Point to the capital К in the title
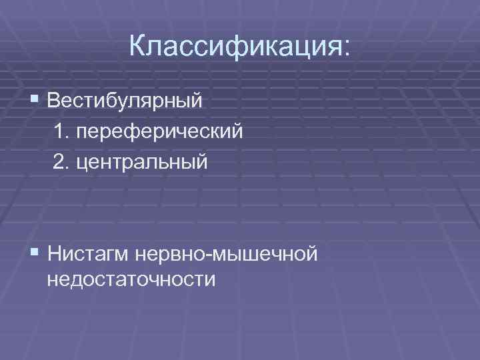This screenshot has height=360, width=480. [x=138, y=46]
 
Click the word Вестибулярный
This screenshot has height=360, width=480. [x=125, y=103]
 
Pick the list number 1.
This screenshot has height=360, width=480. [x=64, y=132]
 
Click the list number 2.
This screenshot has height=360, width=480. [x=64, y=161]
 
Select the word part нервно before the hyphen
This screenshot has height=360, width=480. [x=167, y=254]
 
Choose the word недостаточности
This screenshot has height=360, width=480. [x=131, y=278]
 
